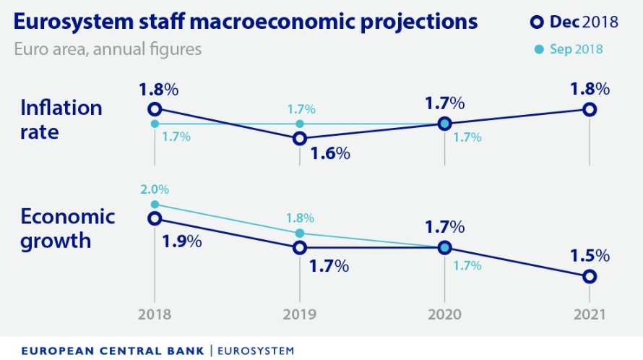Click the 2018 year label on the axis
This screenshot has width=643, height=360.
pyautogui.click(x=154, y=315)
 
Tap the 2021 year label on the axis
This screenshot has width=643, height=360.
pyautogui.click(x=590, y=315)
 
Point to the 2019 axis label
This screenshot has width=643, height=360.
pyautogui.click(x=299, y=315)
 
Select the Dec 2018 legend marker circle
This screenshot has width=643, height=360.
pyautogui.click(x=536, y=22)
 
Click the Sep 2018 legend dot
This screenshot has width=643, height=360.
pyautogui.click(x=536, y=50)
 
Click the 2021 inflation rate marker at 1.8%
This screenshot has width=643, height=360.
pyautogui.click(x=590, y=109)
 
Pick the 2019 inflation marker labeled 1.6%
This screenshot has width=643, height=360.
pyautogui.click(x=299, y=138)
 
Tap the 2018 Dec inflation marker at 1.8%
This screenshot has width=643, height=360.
pyautogui.click(x=154, y=109)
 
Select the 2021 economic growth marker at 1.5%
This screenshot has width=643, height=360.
pyautogui.click(x=590, y=276)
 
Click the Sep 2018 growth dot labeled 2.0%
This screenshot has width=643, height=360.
pyautogui.click(x=154, y=205)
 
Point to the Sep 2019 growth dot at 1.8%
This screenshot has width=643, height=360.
pyautogui.click(x=299, y=233)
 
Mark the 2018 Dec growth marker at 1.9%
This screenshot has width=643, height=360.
pyautogui.click(x=154, y=218)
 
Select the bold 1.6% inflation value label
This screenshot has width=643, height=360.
pyautogui.click(x=329, y=153)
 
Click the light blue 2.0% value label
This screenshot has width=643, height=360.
pyautogui.click(x=155, y=189)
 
